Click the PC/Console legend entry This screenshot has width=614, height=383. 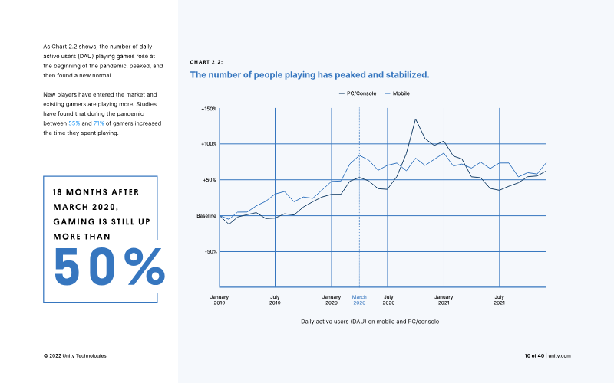[358, 93]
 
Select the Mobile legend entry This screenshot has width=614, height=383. [398, 93]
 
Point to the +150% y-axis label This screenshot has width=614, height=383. [209, 109]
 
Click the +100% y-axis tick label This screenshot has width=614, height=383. [209, 144]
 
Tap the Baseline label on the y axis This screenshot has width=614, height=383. [206, 216]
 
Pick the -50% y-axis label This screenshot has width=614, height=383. [210, 252]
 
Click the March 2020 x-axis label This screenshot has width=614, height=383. [359, 300]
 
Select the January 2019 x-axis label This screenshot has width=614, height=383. [220, 300]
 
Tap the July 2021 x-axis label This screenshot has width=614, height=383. [500, 300]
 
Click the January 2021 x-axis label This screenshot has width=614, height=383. [444, 300]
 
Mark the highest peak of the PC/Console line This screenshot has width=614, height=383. [415, 119]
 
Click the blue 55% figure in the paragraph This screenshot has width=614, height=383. [74, 123]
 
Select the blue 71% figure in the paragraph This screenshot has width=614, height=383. [99, 123]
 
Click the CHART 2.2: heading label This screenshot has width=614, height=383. [206, 62]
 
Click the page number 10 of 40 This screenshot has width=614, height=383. [534, 355]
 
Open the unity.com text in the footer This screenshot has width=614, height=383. [560, 355]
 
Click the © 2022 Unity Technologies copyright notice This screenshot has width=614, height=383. [74, 355]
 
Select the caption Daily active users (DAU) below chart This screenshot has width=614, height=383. [370, 322]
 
